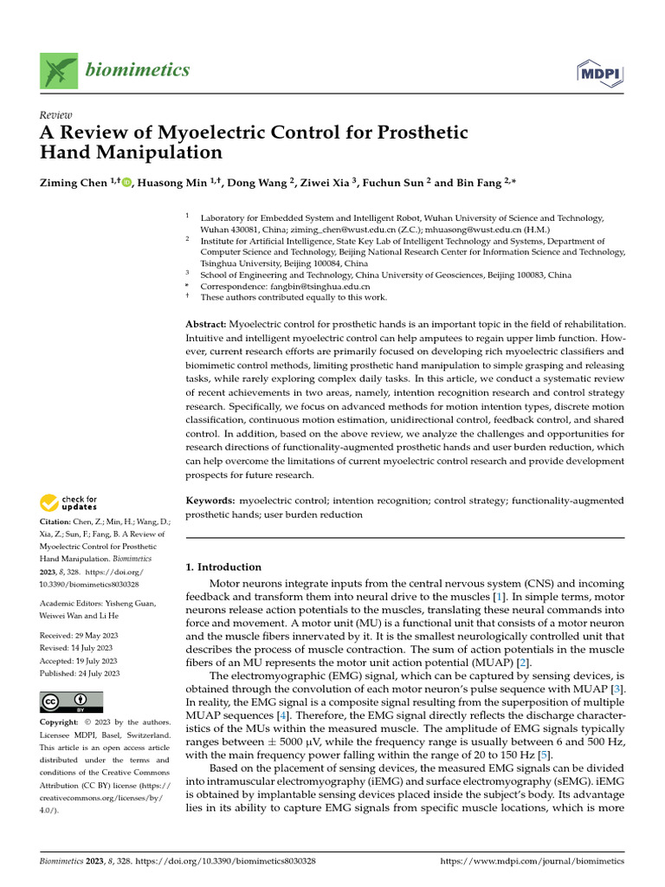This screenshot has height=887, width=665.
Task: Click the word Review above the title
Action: [56, 115]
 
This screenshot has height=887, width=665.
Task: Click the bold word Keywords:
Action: [210, 501]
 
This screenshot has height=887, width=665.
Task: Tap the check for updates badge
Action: [69, 502]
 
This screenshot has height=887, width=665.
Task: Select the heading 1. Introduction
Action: [223, 567]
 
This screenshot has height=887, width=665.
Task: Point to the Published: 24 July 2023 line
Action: [81, 673]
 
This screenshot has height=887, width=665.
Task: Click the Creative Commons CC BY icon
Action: [71, 702]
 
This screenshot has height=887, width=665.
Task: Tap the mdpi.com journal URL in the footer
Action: [532, 862]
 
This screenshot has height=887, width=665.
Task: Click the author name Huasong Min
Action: [169, 182]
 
